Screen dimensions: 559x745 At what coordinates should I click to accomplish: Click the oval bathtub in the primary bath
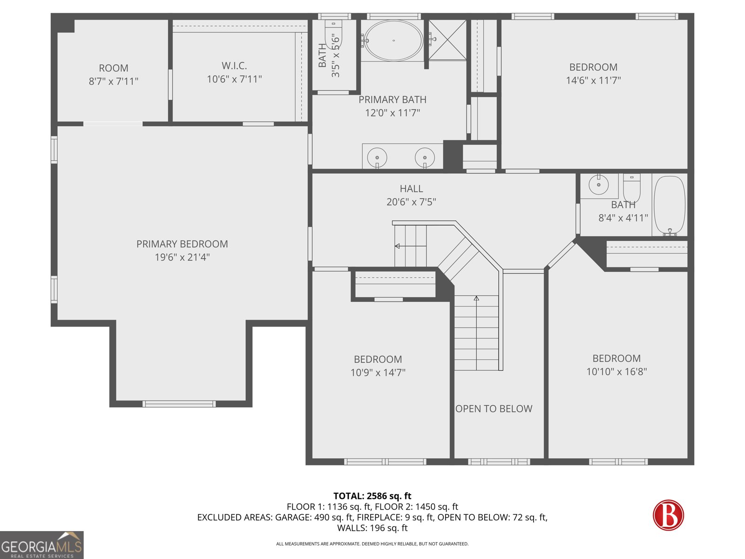[x=393, y=41]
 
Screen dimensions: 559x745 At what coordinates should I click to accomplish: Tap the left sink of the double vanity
[x=377, y=157]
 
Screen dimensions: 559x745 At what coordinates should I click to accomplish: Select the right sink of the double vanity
[x=425, y=157]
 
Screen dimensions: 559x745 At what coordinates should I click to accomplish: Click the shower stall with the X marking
[x=447, y=40]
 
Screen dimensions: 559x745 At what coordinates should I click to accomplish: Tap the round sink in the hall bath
[x=599, y=185]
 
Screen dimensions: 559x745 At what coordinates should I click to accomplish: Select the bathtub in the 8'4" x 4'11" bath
[x=670, y=205]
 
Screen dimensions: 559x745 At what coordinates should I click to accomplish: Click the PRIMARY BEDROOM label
[x=182, y=244]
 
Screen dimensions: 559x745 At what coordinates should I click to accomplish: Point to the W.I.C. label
[x=234, y=66]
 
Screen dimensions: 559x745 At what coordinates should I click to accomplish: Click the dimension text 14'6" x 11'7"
[x=593, y=81]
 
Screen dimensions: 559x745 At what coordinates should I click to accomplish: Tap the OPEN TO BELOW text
[x=494, y=409]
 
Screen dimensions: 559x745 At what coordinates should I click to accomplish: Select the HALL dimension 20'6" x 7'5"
[x=411, y=202]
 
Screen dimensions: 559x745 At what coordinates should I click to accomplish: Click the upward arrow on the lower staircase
[x=476, y=298]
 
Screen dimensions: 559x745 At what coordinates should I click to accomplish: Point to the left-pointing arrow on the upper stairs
[x=397, y=246]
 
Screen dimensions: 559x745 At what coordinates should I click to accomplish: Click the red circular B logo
[x=668, y=515]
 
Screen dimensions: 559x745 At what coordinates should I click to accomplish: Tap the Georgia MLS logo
[x=42, y=545]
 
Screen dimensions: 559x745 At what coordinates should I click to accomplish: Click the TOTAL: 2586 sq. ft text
[x=372, y=496]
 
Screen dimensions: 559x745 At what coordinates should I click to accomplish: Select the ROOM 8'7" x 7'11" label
[x=114, y=75]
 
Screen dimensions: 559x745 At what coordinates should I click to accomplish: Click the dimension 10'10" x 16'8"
[x=616, y=372]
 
